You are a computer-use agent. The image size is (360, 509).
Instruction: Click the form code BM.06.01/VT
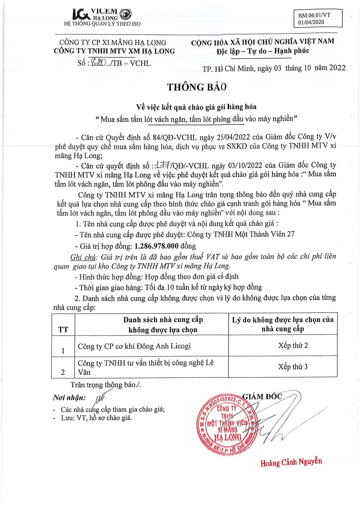[x=314, y=15]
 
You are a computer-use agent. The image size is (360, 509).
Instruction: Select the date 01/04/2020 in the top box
[x=311, y=22]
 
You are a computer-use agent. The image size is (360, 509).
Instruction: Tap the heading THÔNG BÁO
[x=197, y=87]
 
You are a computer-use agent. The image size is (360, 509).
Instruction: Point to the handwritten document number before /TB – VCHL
[x=98, y=63]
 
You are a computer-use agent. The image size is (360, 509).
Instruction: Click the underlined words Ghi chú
[x=83, y=257]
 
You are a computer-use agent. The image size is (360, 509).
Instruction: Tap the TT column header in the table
[x=63, y=330]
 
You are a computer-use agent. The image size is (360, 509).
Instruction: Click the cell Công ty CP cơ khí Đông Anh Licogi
[x=134, y=346]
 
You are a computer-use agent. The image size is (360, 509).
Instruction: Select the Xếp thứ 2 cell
[x=293, y=346]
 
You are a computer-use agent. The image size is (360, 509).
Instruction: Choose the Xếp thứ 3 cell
[x=293, y=367]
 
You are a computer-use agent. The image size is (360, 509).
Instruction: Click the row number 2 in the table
[x=63, y=372]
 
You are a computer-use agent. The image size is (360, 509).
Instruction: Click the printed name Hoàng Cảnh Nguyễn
[x=291, y=462]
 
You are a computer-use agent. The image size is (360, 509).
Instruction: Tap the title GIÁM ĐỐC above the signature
[x=262, y=396]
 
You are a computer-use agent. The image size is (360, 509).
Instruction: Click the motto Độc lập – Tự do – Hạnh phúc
[x=263, y=51]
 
